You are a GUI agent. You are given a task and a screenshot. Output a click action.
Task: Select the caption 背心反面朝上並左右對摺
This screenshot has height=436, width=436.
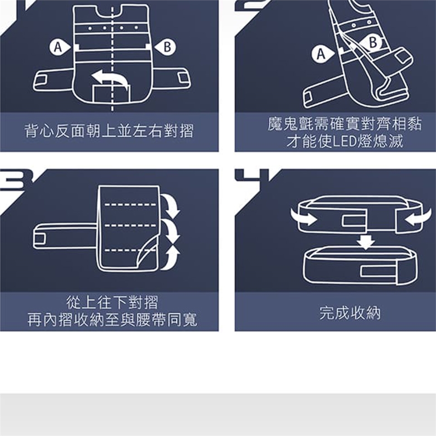[x=109, y=131]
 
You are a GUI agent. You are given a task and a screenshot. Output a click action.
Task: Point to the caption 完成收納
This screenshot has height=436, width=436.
[x=350, y=313]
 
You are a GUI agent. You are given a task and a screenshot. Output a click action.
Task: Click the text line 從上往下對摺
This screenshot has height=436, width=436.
[x=112, y=302]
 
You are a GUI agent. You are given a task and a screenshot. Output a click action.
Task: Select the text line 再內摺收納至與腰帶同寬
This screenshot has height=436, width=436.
[x=112, y=320]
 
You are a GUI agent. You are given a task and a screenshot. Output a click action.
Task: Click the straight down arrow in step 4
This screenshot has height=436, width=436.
[x=366, y=242]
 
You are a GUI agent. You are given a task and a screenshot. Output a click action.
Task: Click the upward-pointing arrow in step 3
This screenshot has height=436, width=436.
[x=171, y=257]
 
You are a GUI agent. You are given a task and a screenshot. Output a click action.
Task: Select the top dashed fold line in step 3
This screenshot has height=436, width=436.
[x=130, y=205]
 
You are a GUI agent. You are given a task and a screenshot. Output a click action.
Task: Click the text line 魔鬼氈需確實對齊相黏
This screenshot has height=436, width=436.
[x=345, y=124]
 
